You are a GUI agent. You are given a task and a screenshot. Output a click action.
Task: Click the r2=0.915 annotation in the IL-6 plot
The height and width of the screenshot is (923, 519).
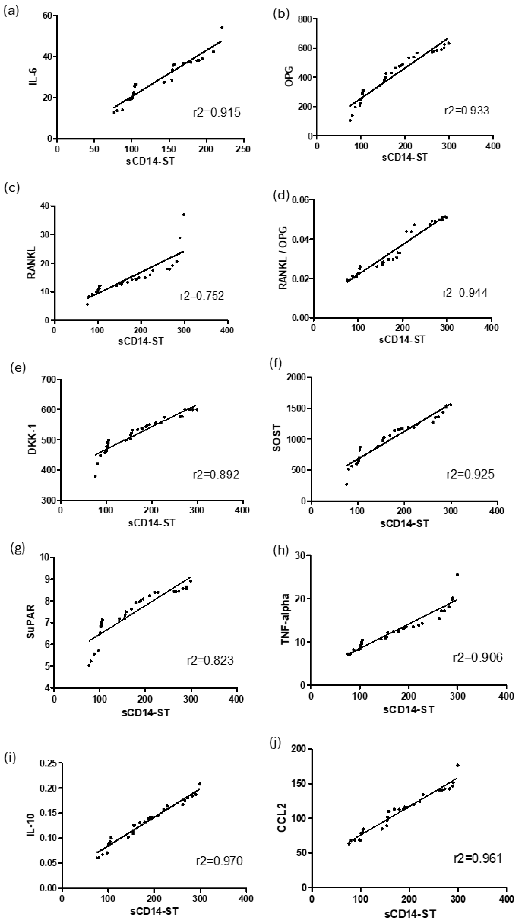[x=217, y=113]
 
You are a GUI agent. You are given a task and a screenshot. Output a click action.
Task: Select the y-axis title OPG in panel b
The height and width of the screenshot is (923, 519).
[x=289, y=76]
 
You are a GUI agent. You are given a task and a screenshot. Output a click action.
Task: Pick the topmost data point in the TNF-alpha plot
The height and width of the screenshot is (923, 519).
[x=457, y=574]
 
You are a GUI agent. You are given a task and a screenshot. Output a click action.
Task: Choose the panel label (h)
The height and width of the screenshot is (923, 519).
[x=280, y=550]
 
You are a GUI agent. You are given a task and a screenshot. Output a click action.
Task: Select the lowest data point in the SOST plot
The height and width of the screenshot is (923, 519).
[x=346, y=485]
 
